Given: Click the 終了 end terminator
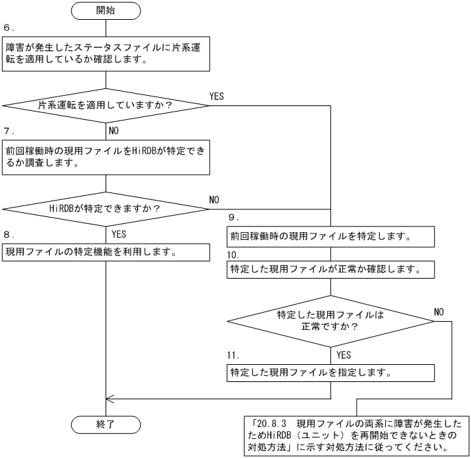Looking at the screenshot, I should coord(106,424).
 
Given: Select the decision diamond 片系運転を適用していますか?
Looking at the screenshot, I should coord(106,106).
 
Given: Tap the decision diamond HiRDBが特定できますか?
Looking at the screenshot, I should coord(106,208).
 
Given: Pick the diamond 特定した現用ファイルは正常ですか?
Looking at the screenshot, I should coord(332,320).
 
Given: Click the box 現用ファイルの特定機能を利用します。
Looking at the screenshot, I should coord(106,251).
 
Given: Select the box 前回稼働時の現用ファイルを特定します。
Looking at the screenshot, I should coord(332,238).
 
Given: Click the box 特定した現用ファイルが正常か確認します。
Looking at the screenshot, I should coord(332,269).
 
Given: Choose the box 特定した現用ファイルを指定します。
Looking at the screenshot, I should coord(332,373).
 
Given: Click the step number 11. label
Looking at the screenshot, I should coord(234,356).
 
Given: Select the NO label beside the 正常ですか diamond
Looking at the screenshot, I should coord(439,311).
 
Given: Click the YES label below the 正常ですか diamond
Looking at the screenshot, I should coord(345,356).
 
